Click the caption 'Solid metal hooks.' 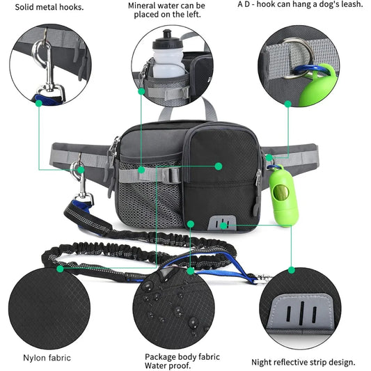click(46, 8)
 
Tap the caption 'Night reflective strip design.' click(303, 362)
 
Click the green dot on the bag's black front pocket click(218, 166)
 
